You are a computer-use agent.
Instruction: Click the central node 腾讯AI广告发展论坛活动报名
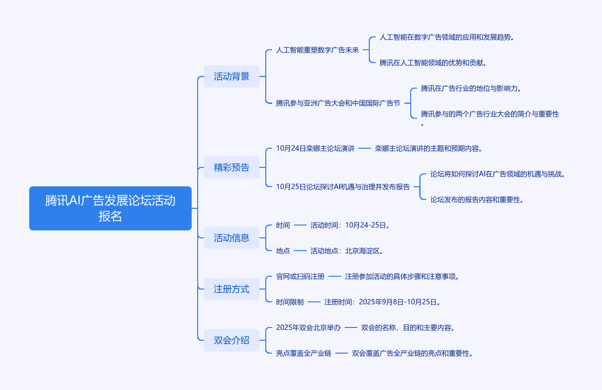[x=110, y=208]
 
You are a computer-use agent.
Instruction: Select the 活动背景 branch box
[x=231, y=76]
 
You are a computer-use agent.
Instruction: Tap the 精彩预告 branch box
[x=231, y=167]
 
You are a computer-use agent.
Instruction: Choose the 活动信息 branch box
[x=231, y=238]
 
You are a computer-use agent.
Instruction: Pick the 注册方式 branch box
[x=231, y=289]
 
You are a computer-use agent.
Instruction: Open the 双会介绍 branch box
[x=231, y=340]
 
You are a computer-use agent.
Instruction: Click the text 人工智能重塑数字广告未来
[x=318, y=50]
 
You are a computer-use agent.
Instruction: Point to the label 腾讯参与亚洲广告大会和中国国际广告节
[x=338, y=103]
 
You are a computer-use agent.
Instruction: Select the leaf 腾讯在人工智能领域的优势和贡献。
[x=433, y=63]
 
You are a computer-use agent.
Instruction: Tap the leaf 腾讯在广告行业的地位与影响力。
[x=471, y=89]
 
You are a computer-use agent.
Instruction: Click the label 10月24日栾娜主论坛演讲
[x=315, y=148]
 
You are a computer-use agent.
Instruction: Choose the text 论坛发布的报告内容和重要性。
[x=477, y=199]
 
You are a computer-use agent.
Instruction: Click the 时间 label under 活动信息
[x=283, y=225]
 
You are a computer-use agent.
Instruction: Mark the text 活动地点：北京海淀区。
[x=347, y=251]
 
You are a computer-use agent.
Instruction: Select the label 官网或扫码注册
[x=300, y=276]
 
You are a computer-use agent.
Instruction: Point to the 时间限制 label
[x=290, y=302]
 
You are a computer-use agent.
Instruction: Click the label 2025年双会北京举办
[x=308, y=327]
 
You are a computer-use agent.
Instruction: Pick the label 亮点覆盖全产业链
[x=304, y=353]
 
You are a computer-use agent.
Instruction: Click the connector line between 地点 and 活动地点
[x=300, y=251]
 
